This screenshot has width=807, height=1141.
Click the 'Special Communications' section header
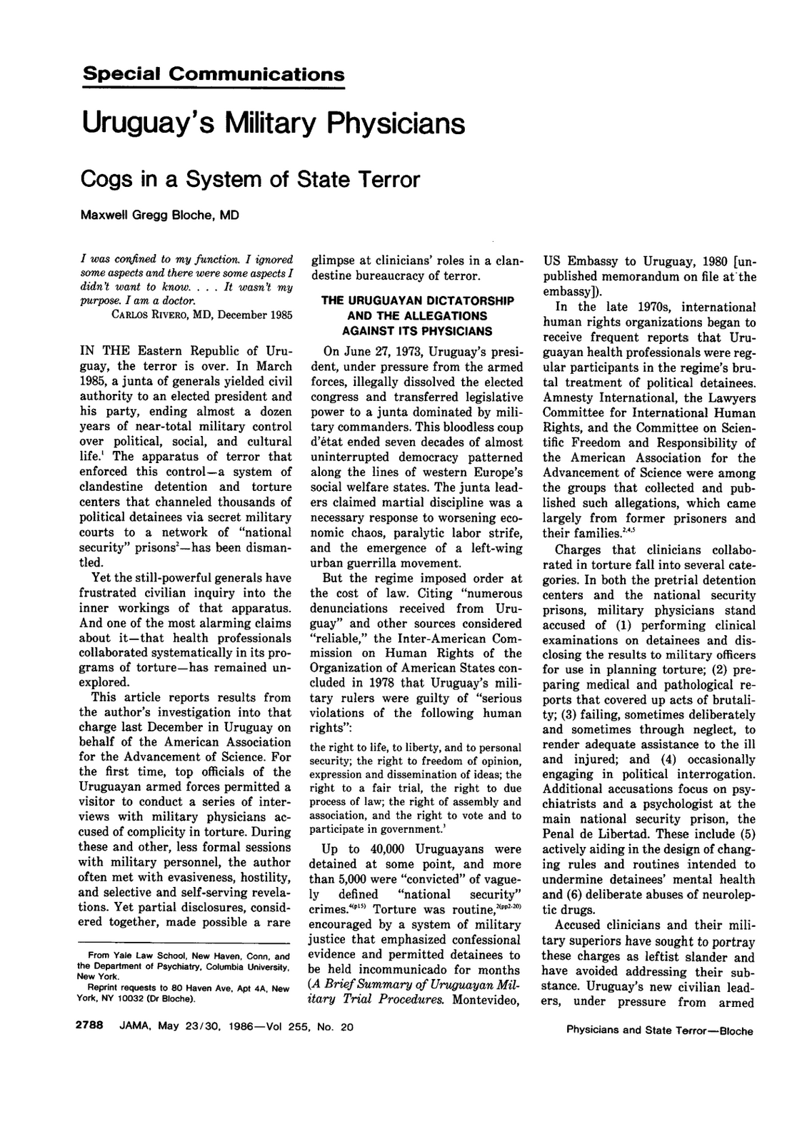[x=214, y=74]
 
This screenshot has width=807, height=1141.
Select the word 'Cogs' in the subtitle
[x=108, y=178]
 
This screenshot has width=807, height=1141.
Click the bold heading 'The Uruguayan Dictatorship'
[x=417, y=301]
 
